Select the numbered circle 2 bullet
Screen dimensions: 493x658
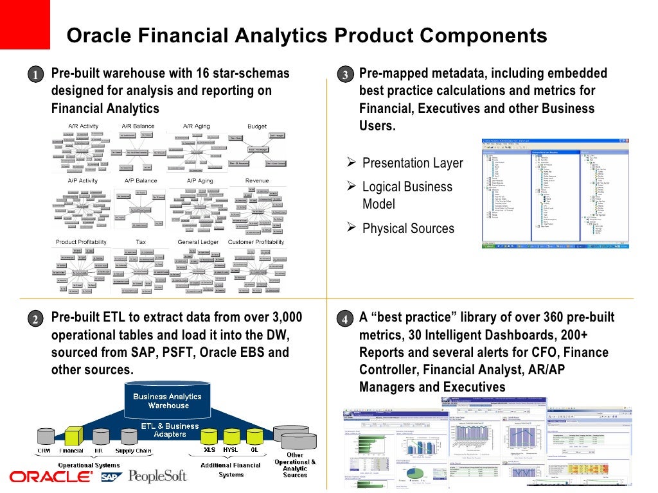tap(37, 319)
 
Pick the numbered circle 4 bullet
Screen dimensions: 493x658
tap(344, 319)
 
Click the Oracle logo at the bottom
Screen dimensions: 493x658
tap(51, 476)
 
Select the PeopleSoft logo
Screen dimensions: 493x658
tap(157, 476)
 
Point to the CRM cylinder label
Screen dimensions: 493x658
tap(44, 451)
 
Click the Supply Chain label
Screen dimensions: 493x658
tap(134, 451)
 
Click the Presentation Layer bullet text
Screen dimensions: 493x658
tap(413, 163)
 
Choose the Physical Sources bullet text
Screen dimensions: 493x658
tap(408, 229)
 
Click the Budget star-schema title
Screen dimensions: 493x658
tap(257, 126)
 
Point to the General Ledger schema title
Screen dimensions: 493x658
tap(198, 242)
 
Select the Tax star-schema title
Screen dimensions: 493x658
tap(141, 242)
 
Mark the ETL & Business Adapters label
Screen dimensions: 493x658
tap(169, 429)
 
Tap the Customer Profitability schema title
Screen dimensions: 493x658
tap(256, 242)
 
